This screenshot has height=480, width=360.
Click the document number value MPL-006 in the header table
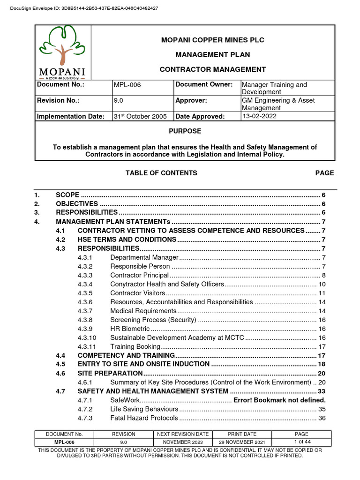[127, 85]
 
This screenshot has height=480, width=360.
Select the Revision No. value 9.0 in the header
[119, 101]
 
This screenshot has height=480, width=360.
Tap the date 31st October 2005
[140, 117]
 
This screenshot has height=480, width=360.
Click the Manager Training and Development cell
[274, 88]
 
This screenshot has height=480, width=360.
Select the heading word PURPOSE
[185, 131]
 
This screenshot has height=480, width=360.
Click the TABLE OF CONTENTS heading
[161, 173]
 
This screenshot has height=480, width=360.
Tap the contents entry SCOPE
[67, 195]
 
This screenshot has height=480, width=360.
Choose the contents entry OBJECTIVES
[77, 204]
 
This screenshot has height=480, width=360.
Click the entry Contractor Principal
[139, 275]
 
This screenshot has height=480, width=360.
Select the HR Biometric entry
[130, 329]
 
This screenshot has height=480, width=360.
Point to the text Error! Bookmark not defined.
[279, 400]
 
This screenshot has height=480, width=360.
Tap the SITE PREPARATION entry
[110, 373]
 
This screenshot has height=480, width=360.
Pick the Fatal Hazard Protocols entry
[144, 418]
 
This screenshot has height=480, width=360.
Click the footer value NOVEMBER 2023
[183, 442]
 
